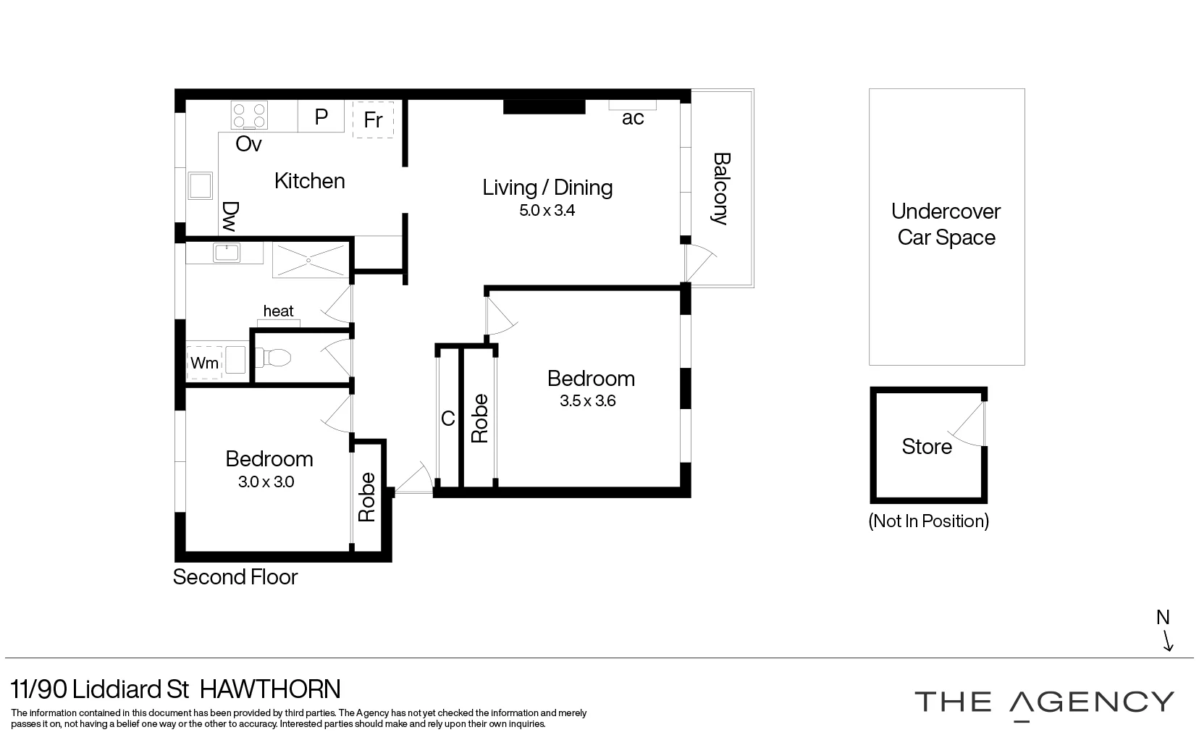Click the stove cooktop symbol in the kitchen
tap(249, 115)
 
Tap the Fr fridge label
tap(373, 119)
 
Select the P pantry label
tap(321, 117)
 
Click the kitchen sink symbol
tap(200, 185)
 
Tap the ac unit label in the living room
tap(633, 118)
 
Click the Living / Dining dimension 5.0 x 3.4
tap(547, 211)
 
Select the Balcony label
tap(720, 188)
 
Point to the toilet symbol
tap(276, 358)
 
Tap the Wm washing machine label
tap(204, 363)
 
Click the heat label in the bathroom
tap(279, 311)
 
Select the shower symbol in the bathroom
tap(309, 260)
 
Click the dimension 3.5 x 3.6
tap(587, 401)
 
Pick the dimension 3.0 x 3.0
tap(266, 482)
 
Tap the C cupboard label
tap(448, 419)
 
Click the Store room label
tap(927, 446)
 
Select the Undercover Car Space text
tap(946, 224)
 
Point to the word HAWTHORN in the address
tap(269, 689)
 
